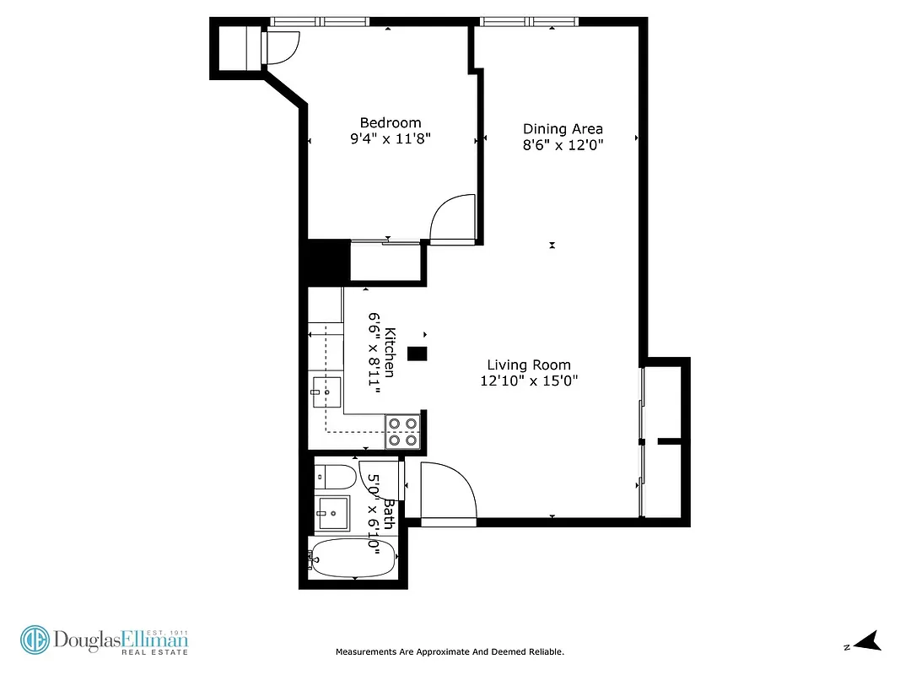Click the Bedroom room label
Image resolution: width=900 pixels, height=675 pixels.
[x=390, y=123]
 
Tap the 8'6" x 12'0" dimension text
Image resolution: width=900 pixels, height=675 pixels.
[x=563, y=144]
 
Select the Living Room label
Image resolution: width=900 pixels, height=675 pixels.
[x=529, y=364]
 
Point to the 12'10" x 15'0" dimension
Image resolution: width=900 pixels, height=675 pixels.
[x=529, y=381]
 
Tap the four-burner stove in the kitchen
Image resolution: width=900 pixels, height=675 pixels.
[x=403, y=431]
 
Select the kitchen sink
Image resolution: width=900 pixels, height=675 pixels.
[x=325, y=391]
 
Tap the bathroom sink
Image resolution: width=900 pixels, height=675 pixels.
[x=333, y=511]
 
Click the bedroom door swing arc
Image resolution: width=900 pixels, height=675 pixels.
[x=454, y=217]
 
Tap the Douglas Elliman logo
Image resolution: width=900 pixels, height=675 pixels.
[x=105, y=640]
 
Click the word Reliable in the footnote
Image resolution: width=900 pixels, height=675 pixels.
[x=544, y=651]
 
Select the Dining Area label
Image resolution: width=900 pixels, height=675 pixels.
[x=563, y=129]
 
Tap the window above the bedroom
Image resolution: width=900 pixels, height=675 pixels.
[x=321, y=22]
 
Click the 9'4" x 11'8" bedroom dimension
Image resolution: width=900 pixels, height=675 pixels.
[x=390, y=139]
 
